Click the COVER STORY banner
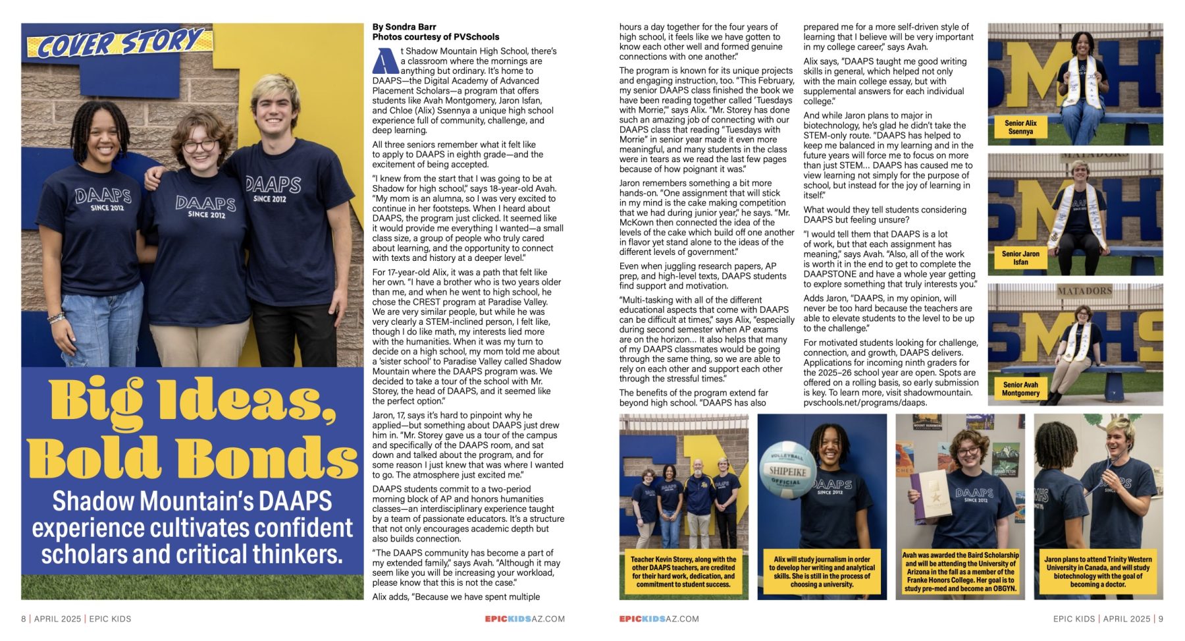click(118, 43)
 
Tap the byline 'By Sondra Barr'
click(404, 27)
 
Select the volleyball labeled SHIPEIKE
click(787, 470)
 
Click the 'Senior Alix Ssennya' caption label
click(1020, 127)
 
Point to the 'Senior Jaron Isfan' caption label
click(1020, 258)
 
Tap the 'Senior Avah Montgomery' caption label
click(1020, 389)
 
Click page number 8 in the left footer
click(24, 619)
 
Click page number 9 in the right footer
click(1161, 619)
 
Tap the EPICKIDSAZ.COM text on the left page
click(525, 619)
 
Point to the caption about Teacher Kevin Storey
click(683, 572)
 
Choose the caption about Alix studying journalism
click(822, 572)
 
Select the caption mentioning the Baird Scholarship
click(960, 572)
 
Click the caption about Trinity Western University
click(1098, 572)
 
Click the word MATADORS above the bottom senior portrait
click(1084, 291)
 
